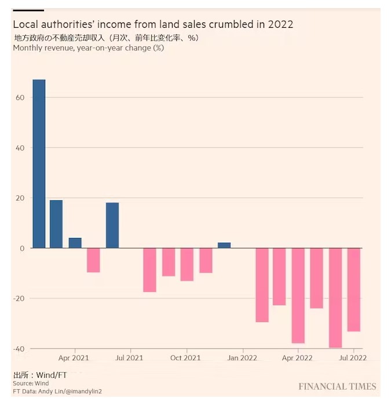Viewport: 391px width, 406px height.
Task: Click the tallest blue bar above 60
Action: pyautogui.click(x=39, y=163)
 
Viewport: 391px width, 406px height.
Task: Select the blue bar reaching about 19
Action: pyautogui.click(x=56, y=224)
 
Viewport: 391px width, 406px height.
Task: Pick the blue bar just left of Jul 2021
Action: pyautogui.click(x=112, y=225)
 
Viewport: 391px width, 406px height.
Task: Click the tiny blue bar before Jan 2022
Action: pyautogui.click(x=224, y=246)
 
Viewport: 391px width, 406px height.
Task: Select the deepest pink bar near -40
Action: pyautogui.click(x=335, y=298)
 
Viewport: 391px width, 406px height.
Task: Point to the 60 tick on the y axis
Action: pyautogui.click(x=20, y=97)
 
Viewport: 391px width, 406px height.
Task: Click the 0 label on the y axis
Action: pyautogui.click(x=21, y=248)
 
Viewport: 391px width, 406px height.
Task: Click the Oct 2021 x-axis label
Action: pyautogui.click(x=185, y=359)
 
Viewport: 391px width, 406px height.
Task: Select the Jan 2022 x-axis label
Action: pyautogui.click(x=242, y=359)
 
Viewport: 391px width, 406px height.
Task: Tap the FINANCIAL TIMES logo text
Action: pyautogui.click(x=337, y=386)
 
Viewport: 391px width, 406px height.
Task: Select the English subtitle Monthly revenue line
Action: pyautogui.click(x=88, y=48)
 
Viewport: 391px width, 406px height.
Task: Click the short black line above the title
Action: pyautogui.click(x=28, y=10)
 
